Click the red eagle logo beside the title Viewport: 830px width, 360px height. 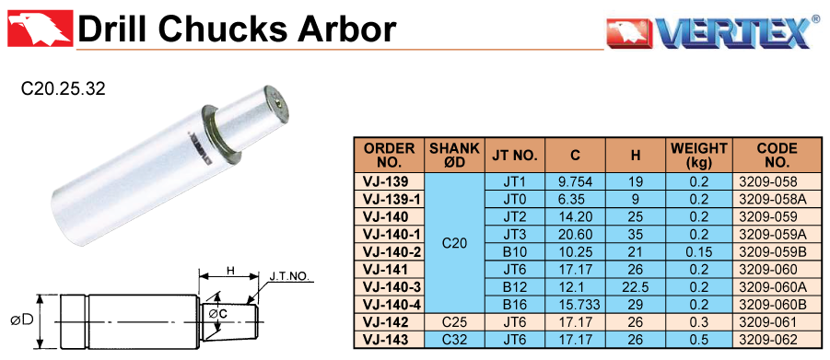tap(41, 28)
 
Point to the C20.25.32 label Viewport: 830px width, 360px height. tap(64, 88)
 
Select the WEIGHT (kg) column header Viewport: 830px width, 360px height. tap(698, 155)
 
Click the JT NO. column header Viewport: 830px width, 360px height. tap(515, 155)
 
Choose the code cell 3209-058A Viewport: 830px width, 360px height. tap(771, 200)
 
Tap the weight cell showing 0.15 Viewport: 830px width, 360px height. tap(698, 252)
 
